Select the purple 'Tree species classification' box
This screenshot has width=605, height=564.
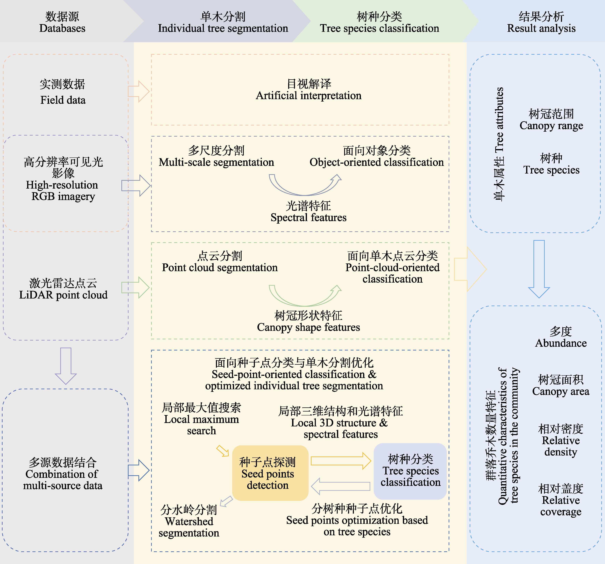click(410, 471)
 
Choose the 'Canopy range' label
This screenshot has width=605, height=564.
click(551, 125)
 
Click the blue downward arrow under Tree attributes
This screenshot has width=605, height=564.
click(539, 268)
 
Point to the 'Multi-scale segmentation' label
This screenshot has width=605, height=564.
click(216, 162)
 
